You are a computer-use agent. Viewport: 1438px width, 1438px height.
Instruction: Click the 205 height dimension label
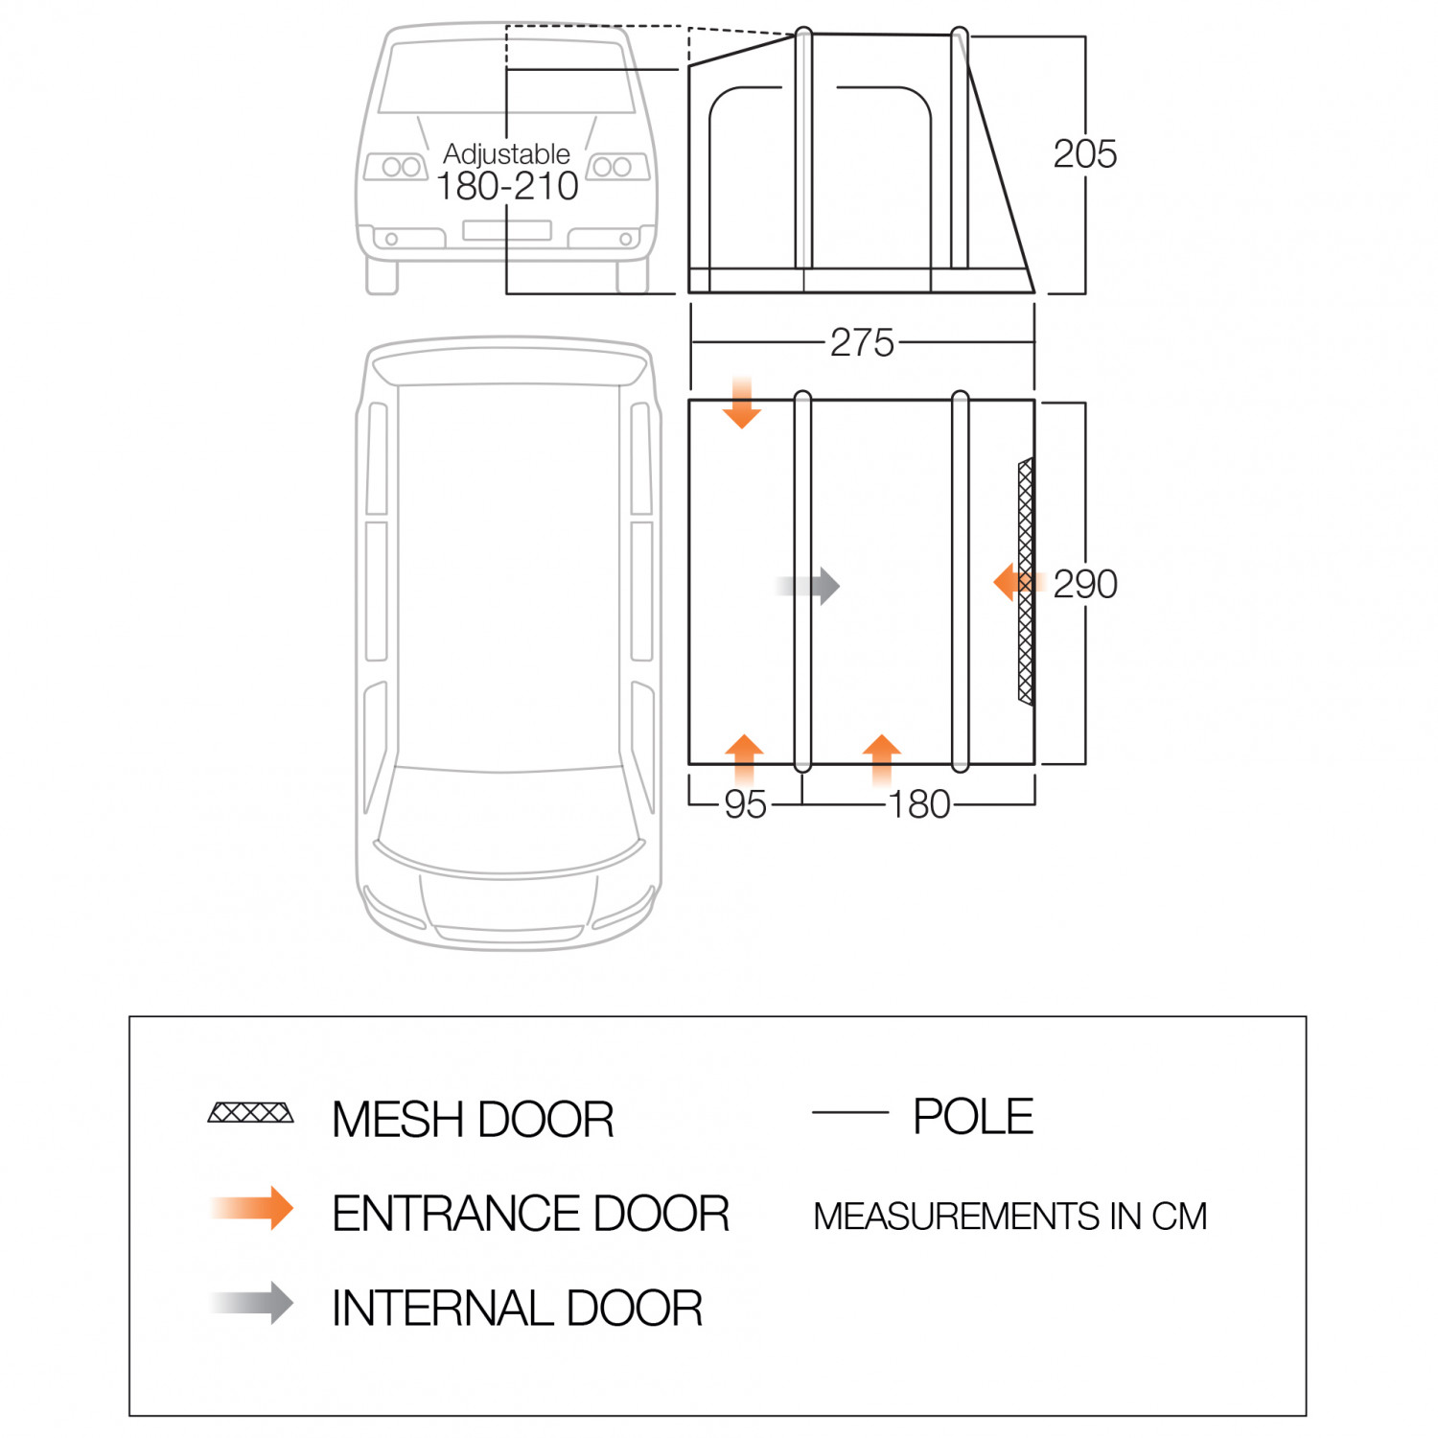click(x=1084, y=154)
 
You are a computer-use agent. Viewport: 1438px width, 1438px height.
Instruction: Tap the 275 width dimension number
click(x=862, y=342)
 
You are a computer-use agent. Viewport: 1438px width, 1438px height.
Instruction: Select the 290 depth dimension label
click(x=1085, y=584)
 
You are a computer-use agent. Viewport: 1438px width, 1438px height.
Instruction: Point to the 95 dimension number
click(x=745, y=804)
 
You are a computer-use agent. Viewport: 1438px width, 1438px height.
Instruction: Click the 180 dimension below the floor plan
click(x=918, y=804)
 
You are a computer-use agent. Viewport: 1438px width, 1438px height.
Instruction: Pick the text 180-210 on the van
click(x=507, y=187)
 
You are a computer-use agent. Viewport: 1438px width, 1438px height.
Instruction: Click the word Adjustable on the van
click(x=506, y=153)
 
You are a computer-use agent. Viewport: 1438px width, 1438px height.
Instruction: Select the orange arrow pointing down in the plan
click(x=742, y=405)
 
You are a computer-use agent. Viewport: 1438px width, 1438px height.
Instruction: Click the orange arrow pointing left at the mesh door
click(x=1011, y=582)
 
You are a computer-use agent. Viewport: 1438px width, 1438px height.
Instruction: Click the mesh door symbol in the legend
click(x=251, y=1113)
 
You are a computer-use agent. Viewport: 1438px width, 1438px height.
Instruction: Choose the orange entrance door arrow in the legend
click(x=255, y=1208)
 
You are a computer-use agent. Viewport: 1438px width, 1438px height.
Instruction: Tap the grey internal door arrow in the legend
click(x=255, y=1303)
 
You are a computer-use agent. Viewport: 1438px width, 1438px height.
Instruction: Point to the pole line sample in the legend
click(x=849, y=1113)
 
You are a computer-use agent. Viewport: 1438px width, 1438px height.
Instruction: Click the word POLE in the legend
click(x=973, y=1117)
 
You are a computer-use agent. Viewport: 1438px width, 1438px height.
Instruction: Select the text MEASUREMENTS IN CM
click(x=1009, y=1217)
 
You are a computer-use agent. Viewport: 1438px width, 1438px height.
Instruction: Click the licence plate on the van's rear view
click(x=506, y=230)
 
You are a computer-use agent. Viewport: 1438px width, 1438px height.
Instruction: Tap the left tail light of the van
click(x=396, y=167)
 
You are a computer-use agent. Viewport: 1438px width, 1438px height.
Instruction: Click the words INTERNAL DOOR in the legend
click(x=517, y=1309)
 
